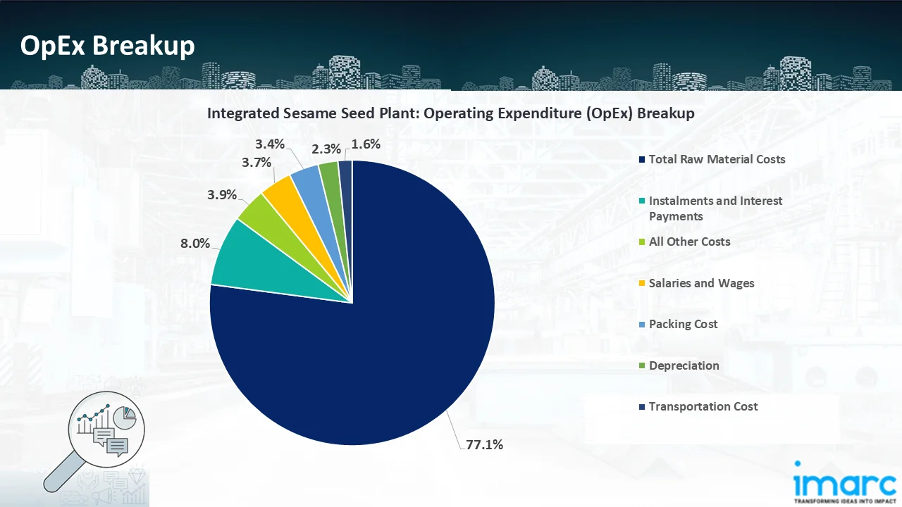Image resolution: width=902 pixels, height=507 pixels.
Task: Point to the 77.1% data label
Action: coord(484,444)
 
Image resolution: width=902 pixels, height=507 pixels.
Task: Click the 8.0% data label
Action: coord(195,244)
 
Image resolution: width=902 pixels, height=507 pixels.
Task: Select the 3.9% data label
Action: coord(222,195)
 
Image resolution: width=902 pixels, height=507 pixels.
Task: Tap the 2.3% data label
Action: coord(326,149)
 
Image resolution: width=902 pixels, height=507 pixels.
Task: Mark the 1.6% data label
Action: coord(366,144)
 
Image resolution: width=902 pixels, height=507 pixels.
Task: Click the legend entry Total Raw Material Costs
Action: coord(717,159)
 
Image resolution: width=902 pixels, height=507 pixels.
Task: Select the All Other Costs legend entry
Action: coord(689,242)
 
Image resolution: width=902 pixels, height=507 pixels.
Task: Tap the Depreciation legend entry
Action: coord(684,365)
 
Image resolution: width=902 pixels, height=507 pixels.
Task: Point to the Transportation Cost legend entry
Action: coord(703,406)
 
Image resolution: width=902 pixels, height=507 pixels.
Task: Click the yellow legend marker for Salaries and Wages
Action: coord(641,283)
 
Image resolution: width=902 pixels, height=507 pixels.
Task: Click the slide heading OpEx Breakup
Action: coord(107,46)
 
